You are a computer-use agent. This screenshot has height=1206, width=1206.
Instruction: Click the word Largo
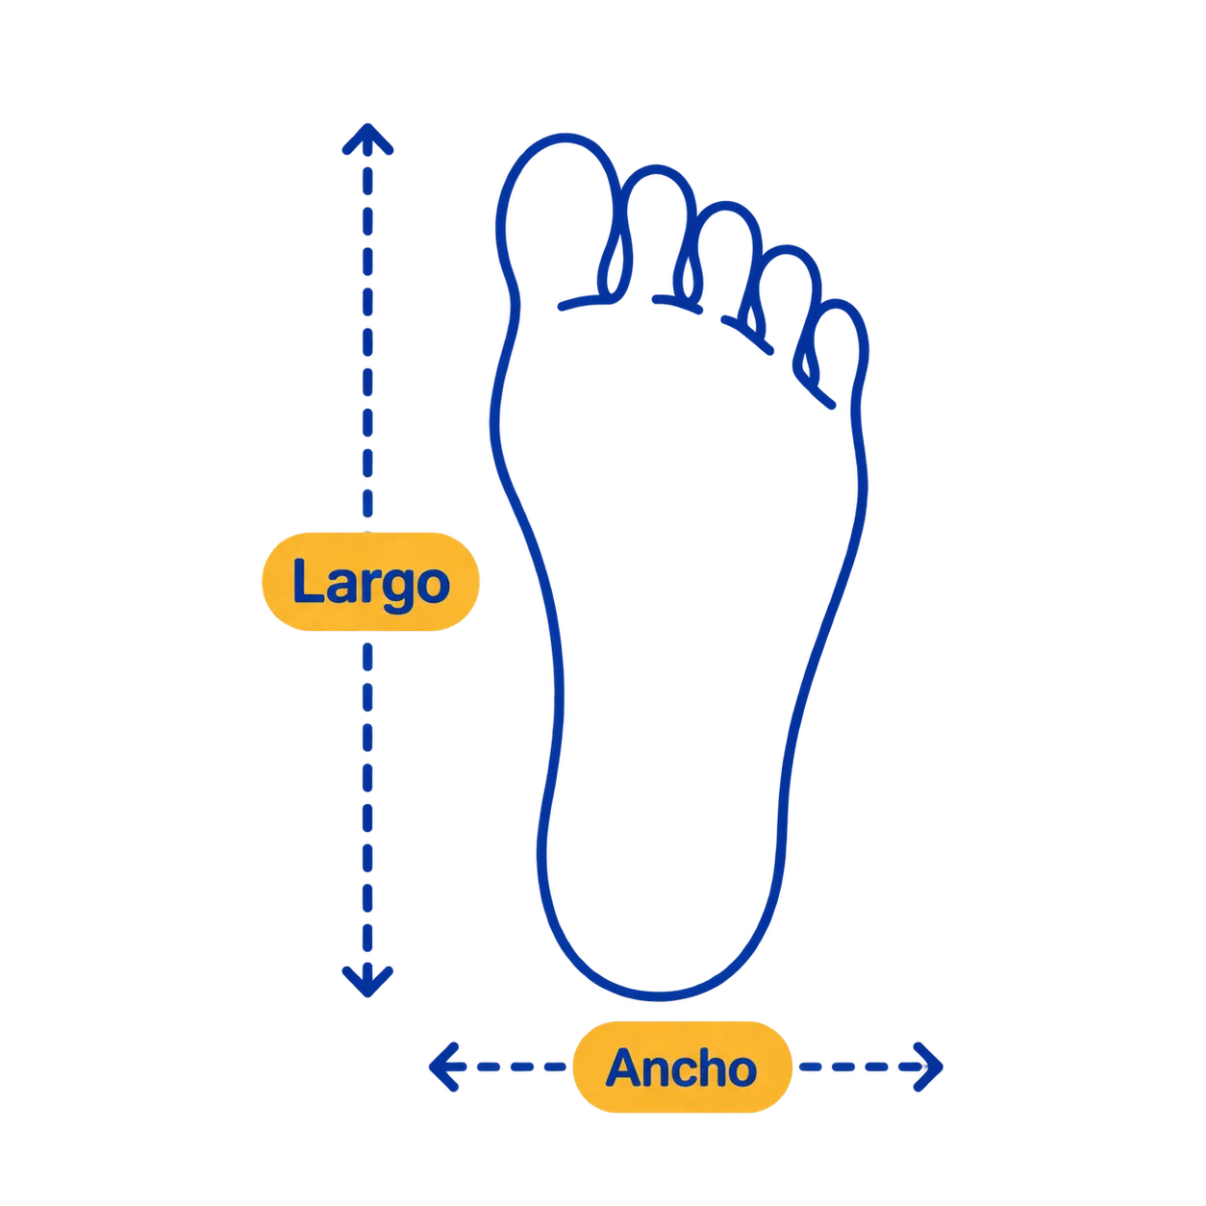370,585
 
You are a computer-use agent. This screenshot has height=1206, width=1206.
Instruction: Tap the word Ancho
682,1068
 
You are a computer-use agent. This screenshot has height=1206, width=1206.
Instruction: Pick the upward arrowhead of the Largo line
367,138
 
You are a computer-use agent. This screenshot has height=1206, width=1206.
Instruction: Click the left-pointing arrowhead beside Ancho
444,1068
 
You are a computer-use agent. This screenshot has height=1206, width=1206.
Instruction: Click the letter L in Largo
308,580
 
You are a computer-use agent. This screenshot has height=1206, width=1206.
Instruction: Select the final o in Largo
434,587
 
